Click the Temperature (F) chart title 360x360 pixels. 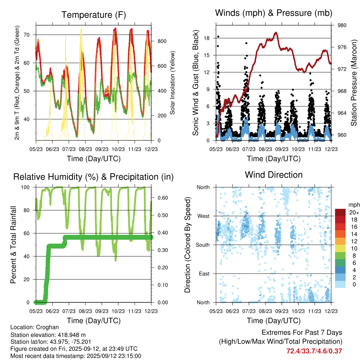pyautogui.click(x=94, y=15)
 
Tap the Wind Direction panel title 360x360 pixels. pyautogui.click(x=274, y=174)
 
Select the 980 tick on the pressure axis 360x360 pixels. pyautogui.click(x=342, y=25)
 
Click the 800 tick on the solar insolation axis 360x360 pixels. pyautogui.click(x=162, y=41)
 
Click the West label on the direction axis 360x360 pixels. pyautogui.click(x=203, y=216)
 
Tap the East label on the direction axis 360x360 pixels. pyautogui.click(x=204, y=274)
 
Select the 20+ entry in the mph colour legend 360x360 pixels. pyautogui.click(x=353, y=212)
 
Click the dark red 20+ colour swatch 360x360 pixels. pyautogui.click(x=340, y=212)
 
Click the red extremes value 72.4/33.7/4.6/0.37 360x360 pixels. pyautogui.click(x=314, y=351)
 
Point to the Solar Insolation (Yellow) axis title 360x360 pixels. pyautogui.click(x=173, y=83)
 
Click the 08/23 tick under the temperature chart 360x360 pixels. pyautogui.click(x=85, y=149)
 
